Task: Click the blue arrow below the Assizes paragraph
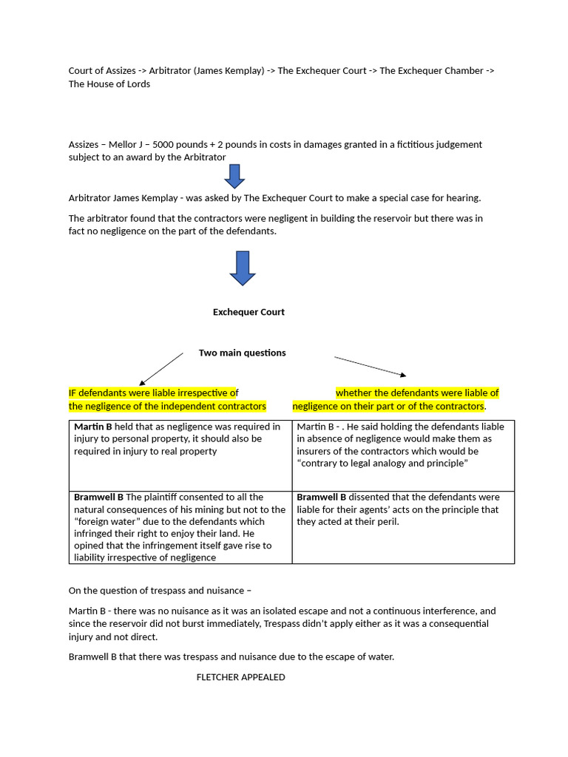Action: tap(234, 176)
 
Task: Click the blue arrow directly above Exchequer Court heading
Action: tap(243, 268)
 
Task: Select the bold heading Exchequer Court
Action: tap(248, 312)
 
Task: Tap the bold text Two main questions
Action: tap(242, 353)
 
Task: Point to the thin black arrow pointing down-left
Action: tap(161, 369)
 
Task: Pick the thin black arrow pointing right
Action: tap(371, 367)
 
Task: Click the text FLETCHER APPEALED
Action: tap(240, 677)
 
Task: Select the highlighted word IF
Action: tap(72, 393)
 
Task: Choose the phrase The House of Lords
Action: tap(109, 84)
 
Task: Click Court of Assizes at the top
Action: tap(102, 70)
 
